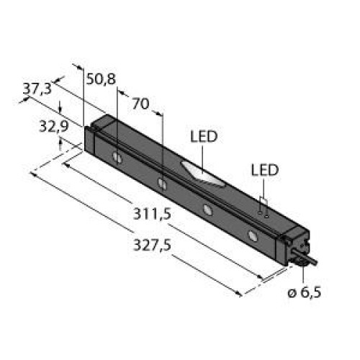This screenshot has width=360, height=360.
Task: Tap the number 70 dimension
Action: pyautogui.click(x=141, y=104)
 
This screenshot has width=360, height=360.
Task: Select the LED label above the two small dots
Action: pyautogui.click(x=264, y=170)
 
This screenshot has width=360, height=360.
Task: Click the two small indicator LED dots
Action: pyautogui.click(x=264, y=213)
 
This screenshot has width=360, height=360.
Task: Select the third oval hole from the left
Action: pyautogui.click(x=208, y=209)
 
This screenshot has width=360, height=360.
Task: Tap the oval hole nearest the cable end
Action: pyautogui.click(x=252, y=235)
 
